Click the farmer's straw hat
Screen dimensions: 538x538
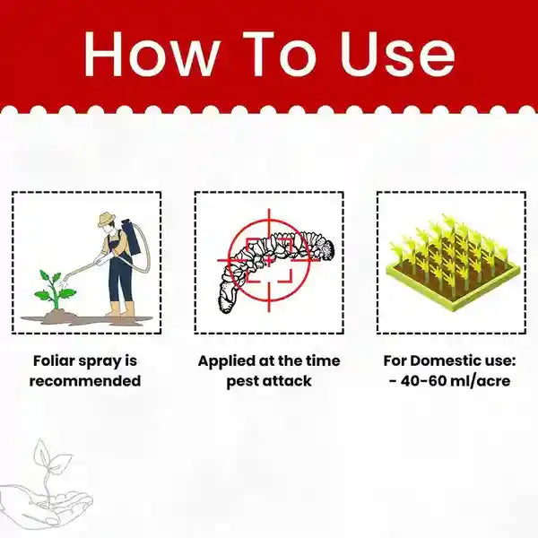coord(108,220)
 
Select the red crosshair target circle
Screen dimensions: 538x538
coord(266,261)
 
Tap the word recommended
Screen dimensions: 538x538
coord(85,381)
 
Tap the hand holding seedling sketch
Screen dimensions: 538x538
coord(45,489)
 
